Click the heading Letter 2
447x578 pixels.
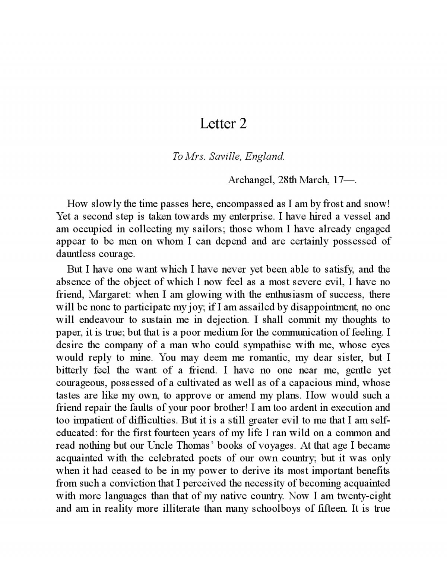223,123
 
